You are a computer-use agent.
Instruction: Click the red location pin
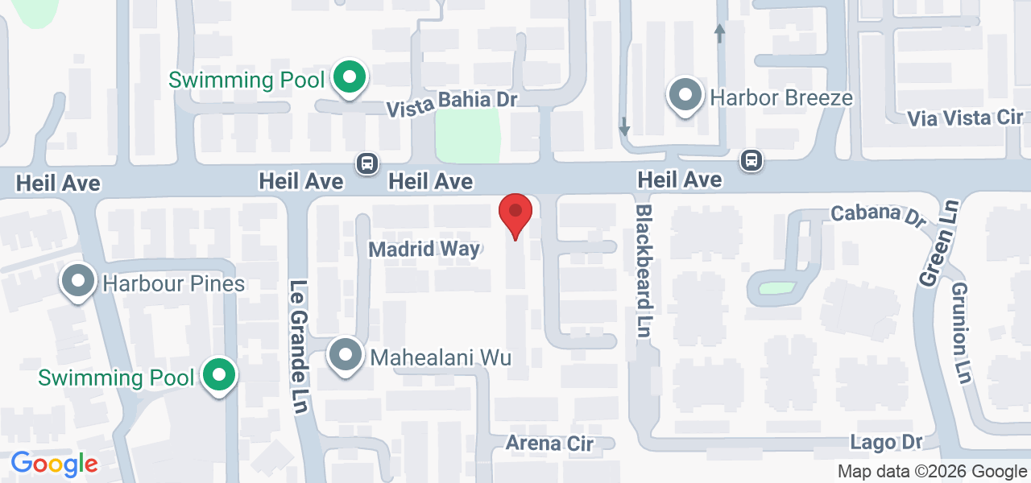[515, 214]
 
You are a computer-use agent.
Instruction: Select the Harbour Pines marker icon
[79, 282]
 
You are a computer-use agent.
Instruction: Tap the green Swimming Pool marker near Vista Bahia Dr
[350, 79]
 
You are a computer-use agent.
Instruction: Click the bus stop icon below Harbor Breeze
[752, 160]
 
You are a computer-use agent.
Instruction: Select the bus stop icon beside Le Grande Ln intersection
[367, 163]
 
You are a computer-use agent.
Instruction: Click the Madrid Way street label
[424, 250]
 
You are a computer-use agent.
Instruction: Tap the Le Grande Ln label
[299, 346]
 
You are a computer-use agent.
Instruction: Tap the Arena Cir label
[549, 444]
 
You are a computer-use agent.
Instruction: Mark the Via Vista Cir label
[965, 118]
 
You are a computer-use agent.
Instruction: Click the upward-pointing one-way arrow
[719, 33]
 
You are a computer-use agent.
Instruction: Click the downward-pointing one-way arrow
[624, 126]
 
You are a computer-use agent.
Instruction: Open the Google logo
[54, 464]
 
